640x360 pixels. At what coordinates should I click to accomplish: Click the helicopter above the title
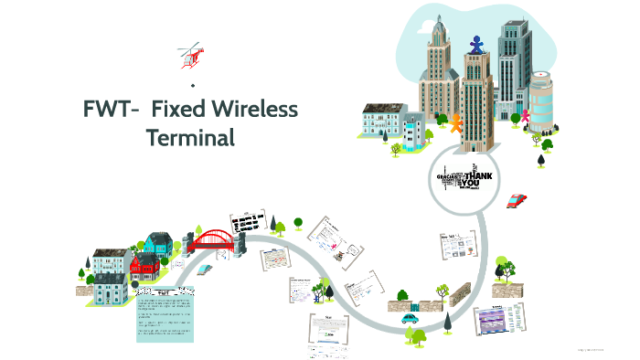[190, 55]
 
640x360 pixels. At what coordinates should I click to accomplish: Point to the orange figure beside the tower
[455, 122]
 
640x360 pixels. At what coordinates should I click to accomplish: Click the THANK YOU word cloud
[465, 177]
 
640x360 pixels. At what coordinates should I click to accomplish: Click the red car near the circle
[517, 199]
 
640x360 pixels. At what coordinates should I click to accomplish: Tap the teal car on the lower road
[409, 319]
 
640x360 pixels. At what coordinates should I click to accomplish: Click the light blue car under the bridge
[205, 270]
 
